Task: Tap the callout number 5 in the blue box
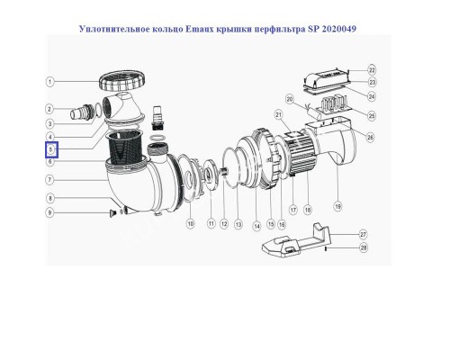(x=52, y=148)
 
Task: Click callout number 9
(x=52, y=212)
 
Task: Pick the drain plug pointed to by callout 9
(x=112, y=212)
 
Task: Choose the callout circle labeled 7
(x=52, y=180)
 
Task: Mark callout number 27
(x=363, y=232)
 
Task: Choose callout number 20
(x=289, y=98)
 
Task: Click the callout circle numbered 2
(x=52, y=109)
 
